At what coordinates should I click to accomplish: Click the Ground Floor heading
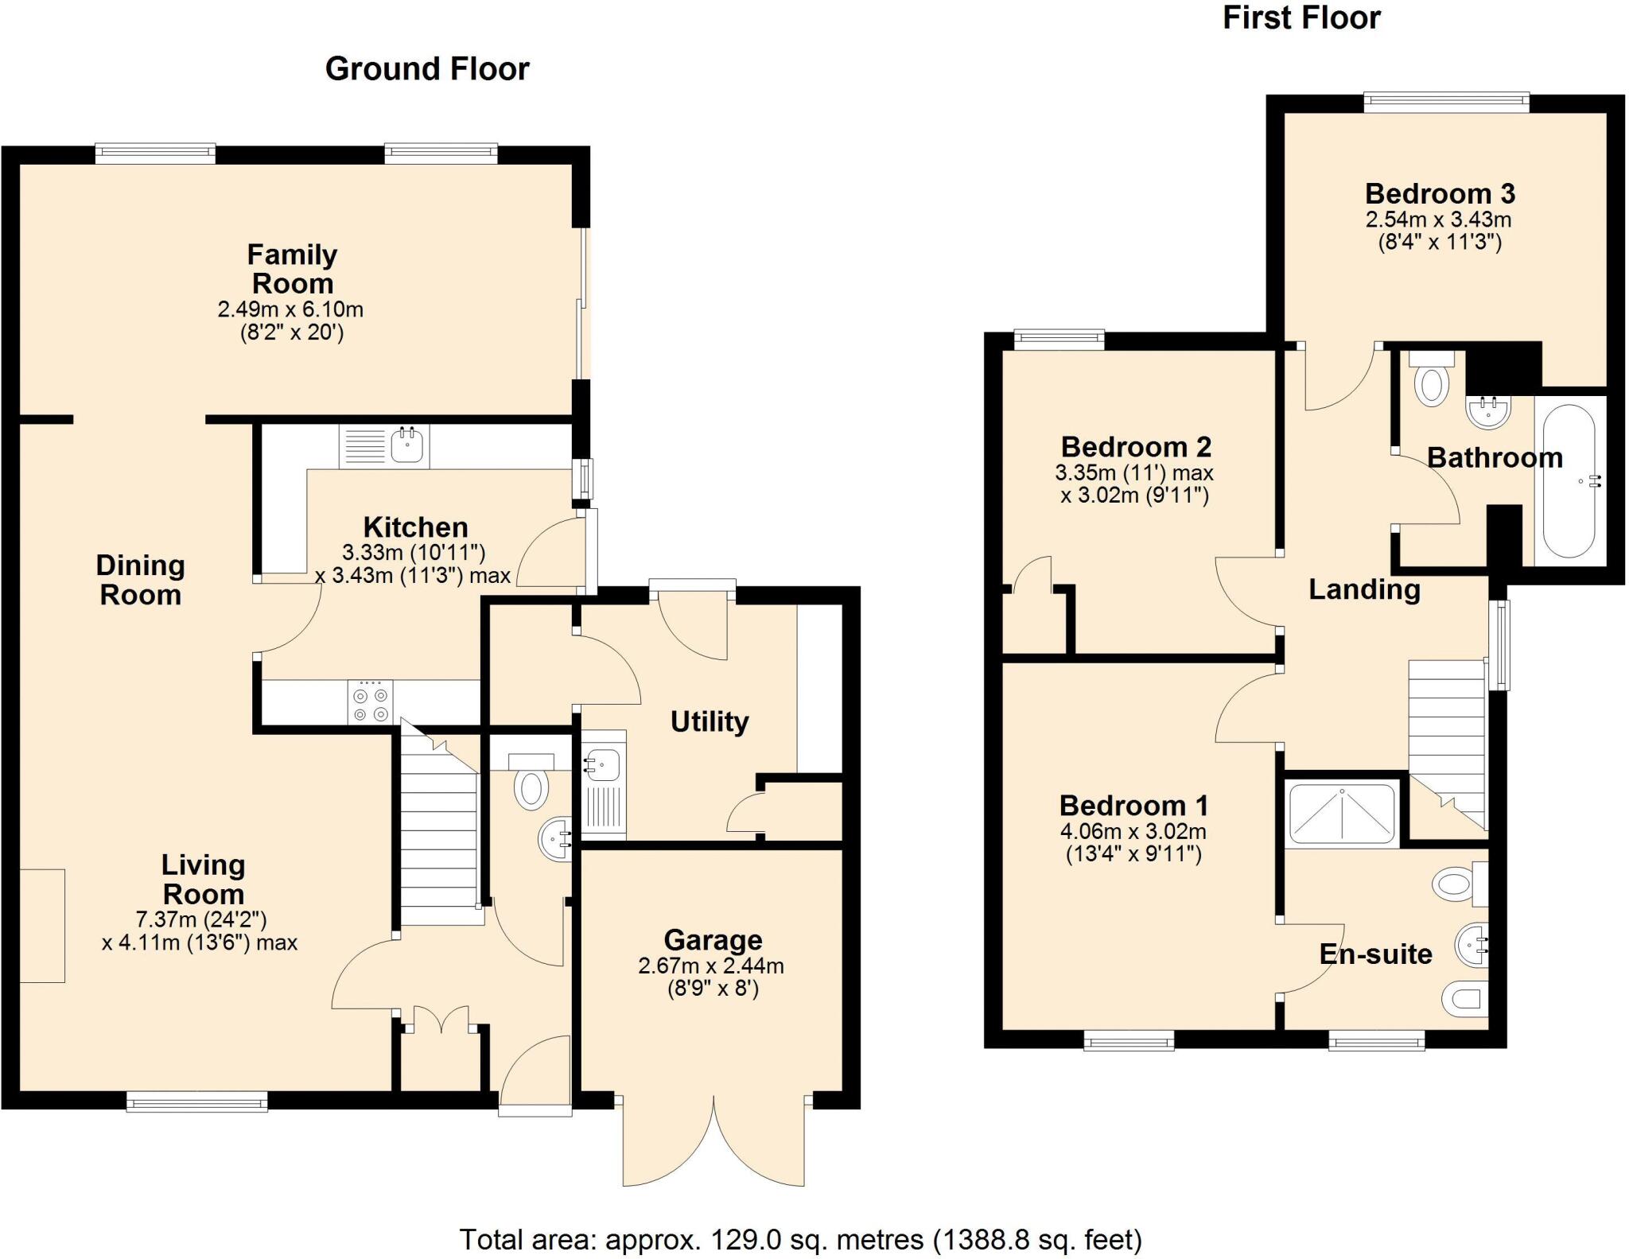[x=427, y=69]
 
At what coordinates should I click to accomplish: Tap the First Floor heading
[x=1301, y=17]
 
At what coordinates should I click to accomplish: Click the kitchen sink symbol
[x=408, y=446]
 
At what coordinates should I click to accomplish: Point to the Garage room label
[x=713, y=940]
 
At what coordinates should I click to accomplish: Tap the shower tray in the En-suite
[x=1342, y=813]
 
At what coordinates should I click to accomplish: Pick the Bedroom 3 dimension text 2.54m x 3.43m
[x=1439, y=220]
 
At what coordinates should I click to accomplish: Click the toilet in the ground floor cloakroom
[x=531, y=787]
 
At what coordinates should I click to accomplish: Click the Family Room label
[x=292, y=269]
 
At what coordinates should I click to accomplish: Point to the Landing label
[x=1364, y=589]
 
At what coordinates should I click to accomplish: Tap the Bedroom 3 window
[x=1446, y=101]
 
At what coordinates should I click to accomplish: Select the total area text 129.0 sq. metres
[x=800, y=1239]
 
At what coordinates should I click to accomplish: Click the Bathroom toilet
[x=1431, y=383]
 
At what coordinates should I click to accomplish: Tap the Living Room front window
[x=196, y=1102]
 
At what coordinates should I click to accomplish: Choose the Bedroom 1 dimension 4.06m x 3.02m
[x=1133, y=832]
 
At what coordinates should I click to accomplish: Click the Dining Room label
[x=141, y=580]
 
